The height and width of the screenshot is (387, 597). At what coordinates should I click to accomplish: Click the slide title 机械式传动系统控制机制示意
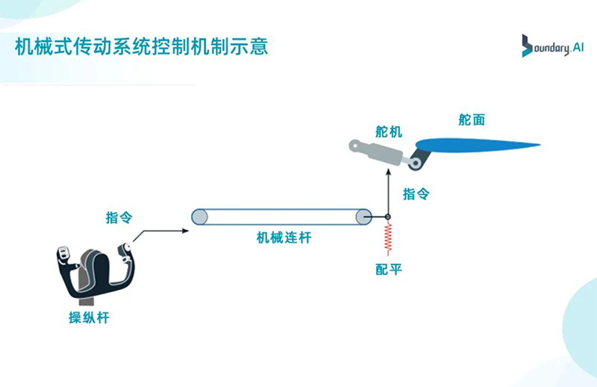pyautogui.click(x=142, y=47)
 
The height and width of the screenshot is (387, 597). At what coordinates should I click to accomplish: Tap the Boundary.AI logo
pyautogui.click(x=551, y=46)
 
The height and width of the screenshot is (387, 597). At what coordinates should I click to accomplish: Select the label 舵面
pyautogui.click(x=472, y=120)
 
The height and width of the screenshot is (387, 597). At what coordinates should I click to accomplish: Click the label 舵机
pyautogui.click(x=388, y=132)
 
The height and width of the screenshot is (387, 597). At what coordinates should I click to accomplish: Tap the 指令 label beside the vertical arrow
pyautogui.click(x=416, y=194)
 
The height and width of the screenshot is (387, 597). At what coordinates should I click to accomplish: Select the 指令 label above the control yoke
pyautogui.click(x=119, y=218)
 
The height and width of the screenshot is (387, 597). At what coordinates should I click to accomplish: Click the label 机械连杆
pyautogui.click(x=284, y=238)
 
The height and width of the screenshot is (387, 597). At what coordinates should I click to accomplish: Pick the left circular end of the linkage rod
pyautogui.click(x=200, y=217)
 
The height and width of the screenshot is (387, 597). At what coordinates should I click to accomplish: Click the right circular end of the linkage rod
pyautogui.click(x=363, y=217)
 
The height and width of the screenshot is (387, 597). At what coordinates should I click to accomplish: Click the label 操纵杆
pyautogui.click(x=89, y=318)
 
